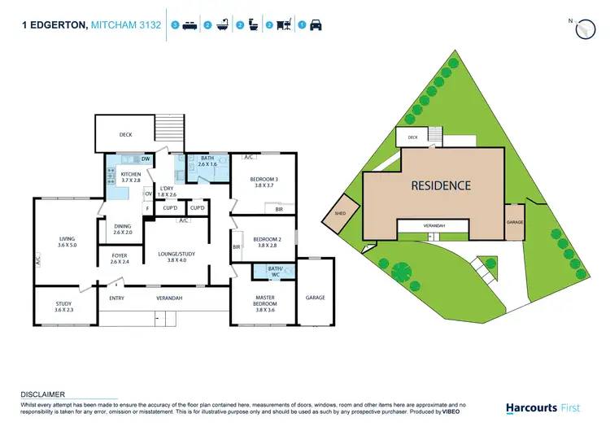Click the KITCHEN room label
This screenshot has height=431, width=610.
[131, 174]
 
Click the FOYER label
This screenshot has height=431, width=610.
[120, 255]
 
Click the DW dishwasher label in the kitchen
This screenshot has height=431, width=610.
[146, 159]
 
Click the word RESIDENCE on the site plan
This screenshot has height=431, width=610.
[440, 185]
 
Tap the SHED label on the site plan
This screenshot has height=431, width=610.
[340, 215]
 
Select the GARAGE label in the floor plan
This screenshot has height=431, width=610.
[316, 298]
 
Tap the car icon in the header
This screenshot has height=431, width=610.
[316, 26]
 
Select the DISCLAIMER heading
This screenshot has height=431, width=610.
[42, 394]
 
